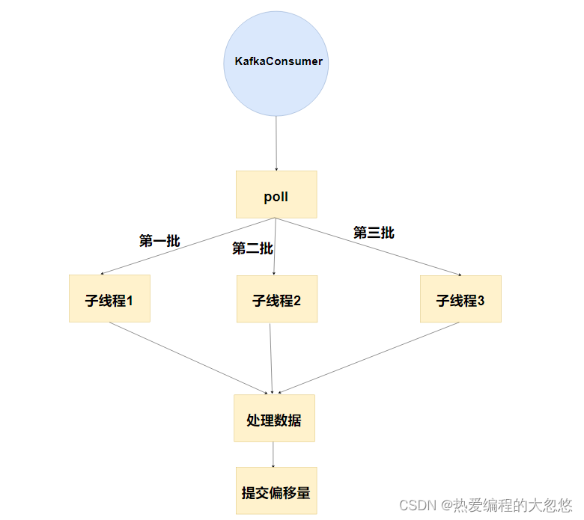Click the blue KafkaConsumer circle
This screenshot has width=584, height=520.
click(276, 82)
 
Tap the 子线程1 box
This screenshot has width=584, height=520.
click(109, 299)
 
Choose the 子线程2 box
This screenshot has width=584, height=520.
click(277, 299)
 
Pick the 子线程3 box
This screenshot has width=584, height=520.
click(460, 299)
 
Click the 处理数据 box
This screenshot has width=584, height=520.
click(274, 419)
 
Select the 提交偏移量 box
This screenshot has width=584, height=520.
click(276, 491)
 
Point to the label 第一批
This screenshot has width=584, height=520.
click(159, 241)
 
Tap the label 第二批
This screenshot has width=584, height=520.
click(252, 248)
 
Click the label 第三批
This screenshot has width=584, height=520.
click(374, 233)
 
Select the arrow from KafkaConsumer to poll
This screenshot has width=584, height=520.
click(276, 142)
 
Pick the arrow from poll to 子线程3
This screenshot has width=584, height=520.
click(367, 247)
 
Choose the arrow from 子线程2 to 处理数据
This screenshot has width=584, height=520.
click(271, 358)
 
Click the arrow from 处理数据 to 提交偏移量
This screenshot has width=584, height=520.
click(273, 454)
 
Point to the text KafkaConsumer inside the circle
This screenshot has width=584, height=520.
click(279, 61)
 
